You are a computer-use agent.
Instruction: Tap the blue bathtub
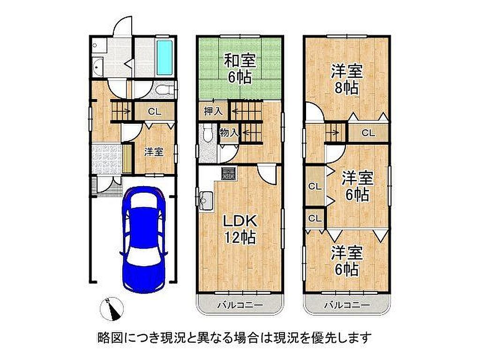[x=165, y=58]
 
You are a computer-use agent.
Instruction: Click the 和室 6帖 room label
[x=240, y=69]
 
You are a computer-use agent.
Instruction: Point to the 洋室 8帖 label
[x=347, y=80]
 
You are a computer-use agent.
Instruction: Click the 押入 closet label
[x=213, y=111]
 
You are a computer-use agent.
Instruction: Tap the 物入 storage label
[x=229, y=133]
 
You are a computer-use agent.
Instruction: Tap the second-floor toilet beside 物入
[x=207, y=134]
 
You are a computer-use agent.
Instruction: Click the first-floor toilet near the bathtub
[x=165, y=90]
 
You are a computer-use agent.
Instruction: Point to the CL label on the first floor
[x=154, y=112]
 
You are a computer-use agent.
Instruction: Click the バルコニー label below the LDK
[x=240, y=305]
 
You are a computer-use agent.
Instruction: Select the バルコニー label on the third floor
[x=347, y=305]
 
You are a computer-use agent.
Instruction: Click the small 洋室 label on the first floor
[x=153, y=152]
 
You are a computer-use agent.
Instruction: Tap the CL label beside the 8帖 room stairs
[x=368, y=133]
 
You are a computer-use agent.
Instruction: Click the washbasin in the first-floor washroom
[x=97, y=65]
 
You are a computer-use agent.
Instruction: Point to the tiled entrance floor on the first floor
[x=106, y=159]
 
